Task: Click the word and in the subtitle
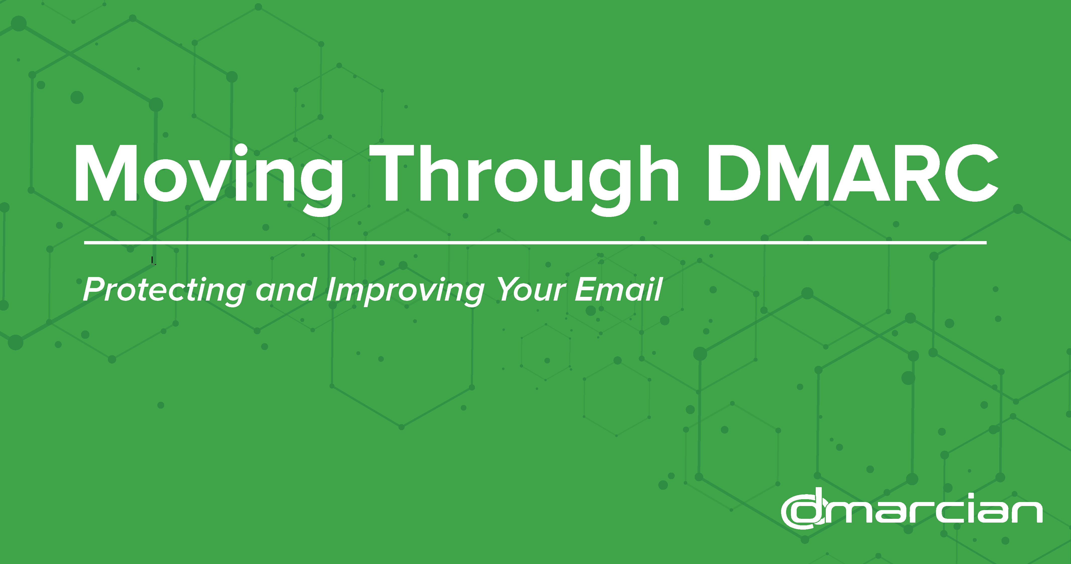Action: click(x=286, y=289)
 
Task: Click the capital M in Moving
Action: click(x=106, y=173)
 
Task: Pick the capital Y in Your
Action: click(x=509, y=289)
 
